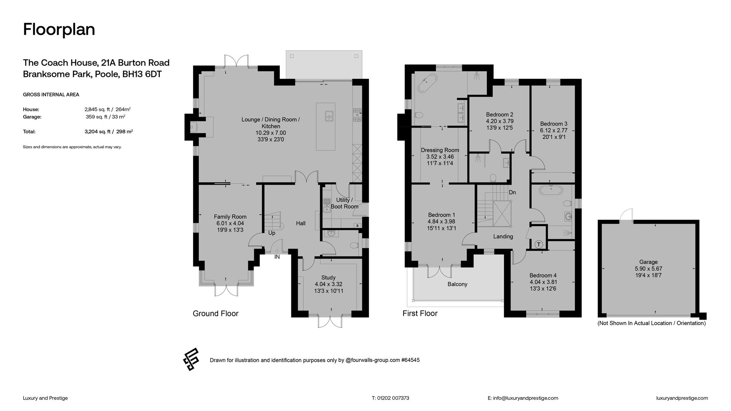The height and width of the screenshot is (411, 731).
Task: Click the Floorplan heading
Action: (x=59, y=30)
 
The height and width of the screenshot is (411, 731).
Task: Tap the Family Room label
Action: (x=230, y=217)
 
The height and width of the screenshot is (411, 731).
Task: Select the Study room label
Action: (x=328, y=278)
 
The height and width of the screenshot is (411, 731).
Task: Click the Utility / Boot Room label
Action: (x=344, y=203)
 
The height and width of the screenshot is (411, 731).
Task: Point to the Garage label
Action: (x=648, y=262)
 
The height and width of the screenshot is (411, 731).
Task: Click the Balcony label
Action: (x=457, y=284)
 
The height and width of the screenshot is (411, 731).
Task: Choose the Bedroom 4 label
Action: (x=543, y=276)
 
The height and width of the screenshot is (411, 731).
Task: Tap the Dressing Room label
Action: (x=440, y=150)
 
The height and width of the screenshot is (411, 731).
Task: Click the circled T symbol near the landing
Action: (x=539, y=244)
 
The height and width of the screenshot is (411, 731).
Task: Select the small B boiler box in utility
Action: (x=357, y=226)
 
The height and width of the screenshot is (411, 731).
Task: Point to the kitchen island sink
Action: (x=329, y=116)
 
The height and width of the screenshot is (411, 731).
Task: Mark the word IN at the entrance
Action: (x=277, y=257)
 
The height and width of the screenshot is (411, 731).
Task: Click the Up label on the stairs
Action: (x=272, y=233)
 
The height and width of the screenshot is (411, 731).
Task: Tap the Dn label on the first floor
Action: (x=512, y=193)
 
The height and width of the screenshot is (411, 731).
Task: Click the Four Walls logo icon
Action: (x=191, y=359)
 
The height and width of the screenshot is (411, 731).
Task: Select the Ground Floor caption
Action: (x=215, y=314)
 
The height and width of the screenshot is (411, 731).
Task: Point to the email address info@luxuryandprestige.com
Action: (x=525, y=398)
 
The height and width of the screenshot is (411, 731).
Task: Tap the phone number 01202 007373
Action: (x=393, y=398)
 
